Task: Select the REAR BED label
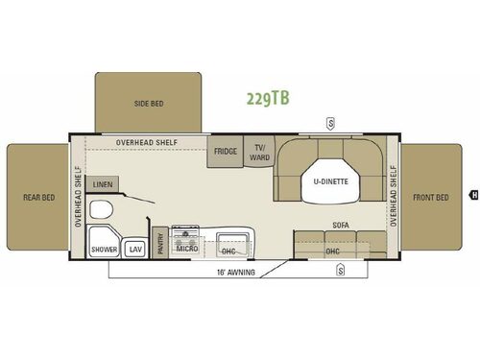[38, 198]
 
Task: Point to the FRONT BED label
[431, 198]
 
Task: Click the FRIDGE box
[226, 151]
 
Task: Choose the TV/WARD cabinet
[258, 151]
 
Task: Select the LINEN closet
[101, 183]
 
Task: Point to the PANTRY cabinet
[161, 245]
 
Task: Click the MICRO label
[185, 250]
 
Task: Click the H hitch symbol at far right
[472, 196]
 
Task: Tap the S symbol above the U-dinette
[330, 122]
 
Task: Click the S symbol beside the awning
[340, 271]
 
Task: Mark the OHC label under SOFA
[332, 252]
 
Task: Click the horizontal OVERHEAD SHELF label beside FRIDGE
[144, 143]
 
